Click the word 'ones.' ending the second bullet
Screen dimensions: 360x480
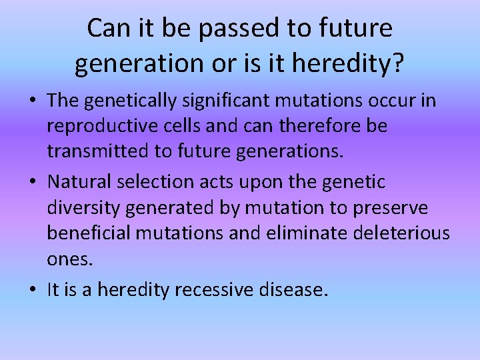click(69, 259)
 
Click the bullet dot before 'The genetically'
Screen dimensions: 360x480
click(32, 101)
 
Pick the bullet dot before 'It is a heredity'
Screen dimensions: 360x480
click(32, 291)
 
